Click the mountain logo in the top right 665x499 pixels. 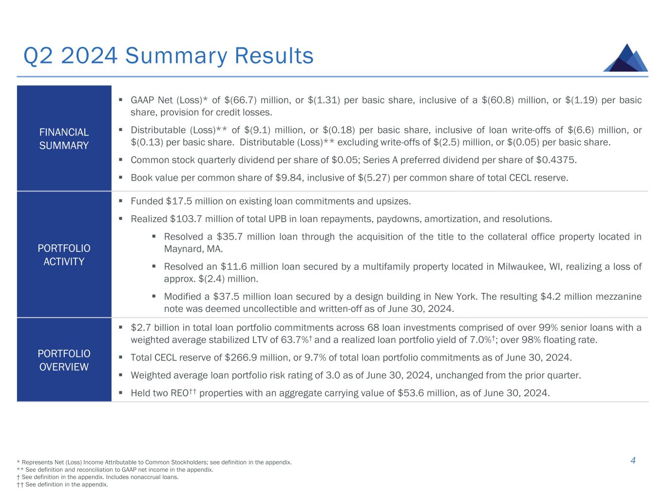[x=626, y=58]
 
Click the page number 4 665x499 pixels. [x=633, y=461]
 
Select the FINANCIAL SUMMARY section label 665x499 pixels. [x=64, y=139]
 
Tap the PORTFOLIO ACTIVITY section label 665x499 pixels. [x=64, y=255]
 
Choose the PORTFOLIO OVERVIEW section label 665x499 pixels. [x=64, y=360]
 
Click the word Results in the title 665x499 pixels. [x=274, y=56]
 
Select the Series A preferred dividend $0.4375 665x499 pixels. [x=556, y=160]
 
